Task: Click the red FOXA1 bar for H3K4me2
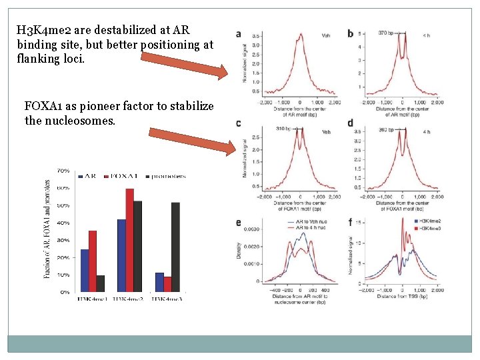[129, 240]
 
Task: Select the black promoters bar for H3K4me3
[176, 247]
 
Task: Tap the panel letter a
[239, 34]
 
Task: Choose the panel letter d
[351, 123]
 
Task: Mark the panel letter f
[351, 222]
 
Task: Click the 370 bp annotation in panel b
[387, 32]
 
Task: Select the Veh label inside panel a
[326, 35]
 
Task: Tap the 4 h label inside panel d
[427, 132]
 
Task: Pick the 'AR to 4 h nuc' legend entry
[307, 227]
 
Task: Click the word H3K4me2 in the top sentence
[41, 30]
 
